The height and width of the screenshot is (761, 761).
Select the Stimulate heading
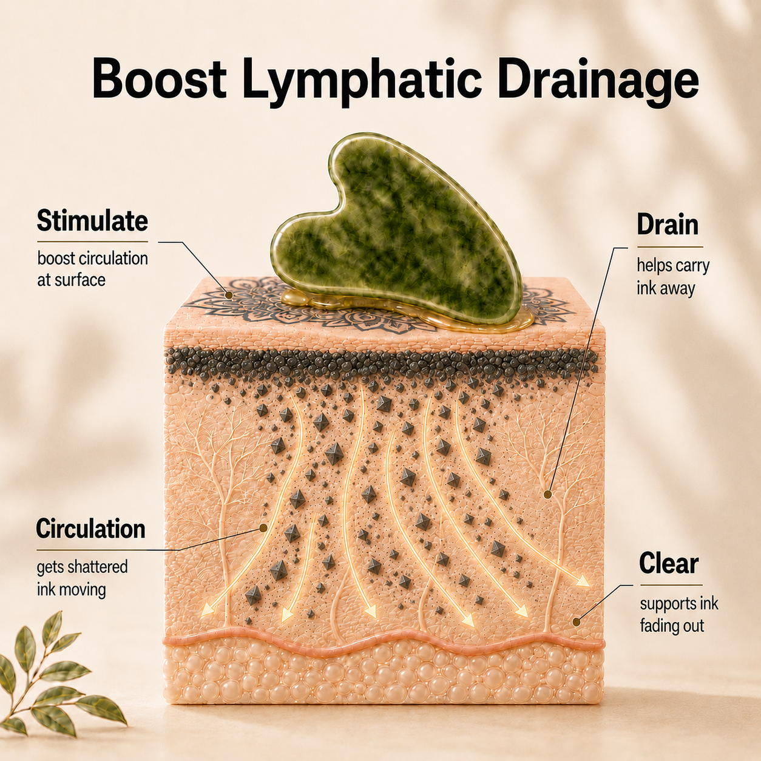click(x=92, y=221)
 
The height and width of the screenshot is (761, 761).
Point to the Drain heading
click(x=668, y=225)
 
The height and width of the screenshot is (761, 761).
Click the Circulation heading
click(x=91, y=529)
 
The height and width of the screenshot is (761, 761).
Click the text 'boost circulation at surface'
click(x=92, y=269)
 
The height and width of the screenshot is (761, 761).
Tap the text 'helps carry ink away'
click(x=673, y=277)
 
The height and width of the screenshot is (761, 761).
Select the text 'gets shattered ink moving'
click(x=82, y=578)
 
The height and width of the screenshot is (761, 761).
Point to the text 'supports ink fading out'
click(x=679, y=615)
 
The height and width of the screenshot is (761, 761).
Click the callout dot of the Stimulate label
click(x=228, y=294)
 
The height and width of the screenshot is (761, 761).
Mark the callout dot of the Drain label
click(x=547, y=494)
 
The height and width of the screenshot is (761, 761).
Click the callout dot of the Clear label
click(x=576, y=622)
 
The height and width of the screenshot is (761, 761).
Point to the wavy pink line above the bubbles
click(x=383, y=641)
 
